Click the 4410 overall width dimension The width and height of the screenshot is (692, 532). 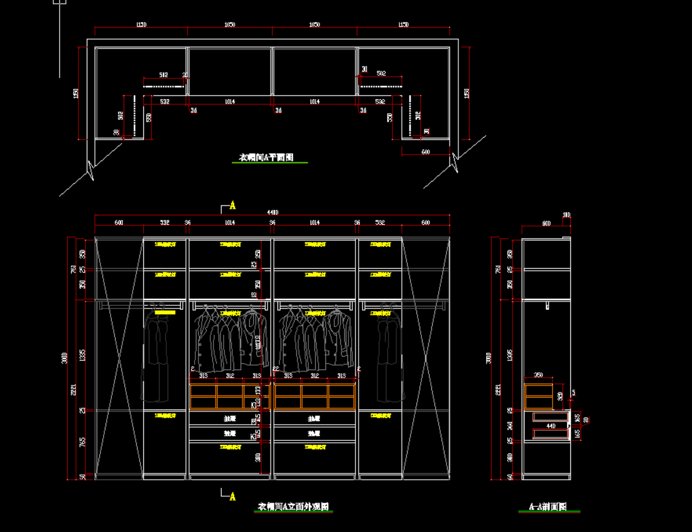(x=273, y=212)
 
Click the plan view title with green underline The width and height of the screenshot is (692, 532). (x=266, y=158)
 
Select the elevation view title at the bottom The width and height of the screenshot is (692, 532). (x=294, y=507)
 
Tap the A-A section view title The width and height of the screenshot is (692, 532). (x=548, y=507)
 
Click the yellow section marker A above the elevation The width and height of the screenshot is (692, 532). (x=232, y=205)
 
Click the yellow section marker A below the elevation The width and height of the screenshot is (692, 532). (x=232, y=496)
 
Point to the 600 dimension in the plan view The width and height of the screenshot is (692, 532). (x=425, y=151)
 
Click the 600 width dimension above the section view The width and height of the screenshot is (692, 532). (x=546, y=224)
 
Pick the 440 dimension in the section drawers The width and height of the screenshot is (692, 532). (x=551, y=426)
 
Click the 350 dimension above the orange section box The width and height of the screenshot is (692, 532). (x=538, y=376)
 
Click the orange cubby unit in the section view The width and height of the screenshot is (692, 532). (x=538, y=396)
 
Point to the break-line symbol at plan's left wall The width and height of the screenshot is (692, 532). (x=91, y=168)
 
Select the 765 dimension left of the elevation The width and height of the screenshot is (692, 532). (x=82, y=442)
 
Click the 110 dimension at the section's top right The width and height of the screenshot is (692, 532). (x=566, y=215)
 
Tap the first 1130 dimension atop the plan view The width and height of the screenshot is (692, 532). (x=141, y=25)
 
